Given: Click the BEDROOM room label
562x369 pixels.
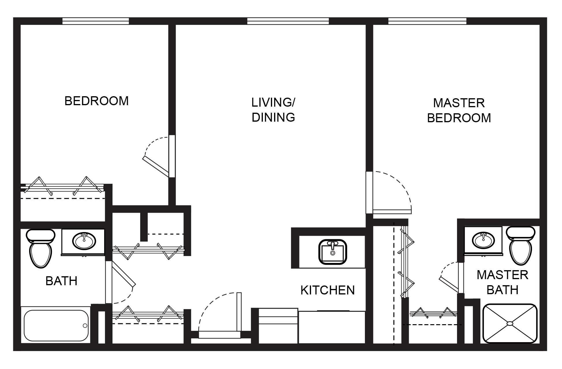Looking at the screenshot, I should pos(96,101).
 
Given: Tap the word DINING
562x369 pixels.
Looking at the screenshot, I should pos(273,117).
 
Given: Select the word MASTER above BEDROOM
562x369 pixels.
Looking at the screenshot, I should pos(459,103).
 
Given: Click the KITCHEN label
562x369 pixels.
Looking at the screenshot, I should pos(327,290).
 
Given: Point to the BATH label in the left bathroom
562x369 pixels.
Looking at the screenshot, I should pos(61,281).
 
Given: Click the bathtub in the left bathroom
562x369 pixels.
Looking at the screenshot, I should pos(56,326).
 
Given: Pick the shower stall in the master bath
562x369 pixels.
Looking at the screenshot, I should pos(510,323).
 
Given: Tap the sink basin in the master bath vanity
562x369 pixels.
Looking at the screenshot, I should pos(483,240).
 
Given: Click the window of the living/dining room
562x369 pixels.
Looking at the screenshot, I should pos(288,21).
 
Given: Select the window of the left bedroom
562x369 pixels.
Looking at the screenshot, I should pos(95,21).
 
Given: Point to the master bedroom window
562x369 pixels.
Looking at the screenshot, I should pos(427,21).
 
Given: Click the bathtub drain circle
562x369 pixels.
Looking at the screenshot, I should pos(85,326).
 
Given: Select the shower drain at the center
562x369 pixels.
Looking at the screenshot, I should pos(510,323).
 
